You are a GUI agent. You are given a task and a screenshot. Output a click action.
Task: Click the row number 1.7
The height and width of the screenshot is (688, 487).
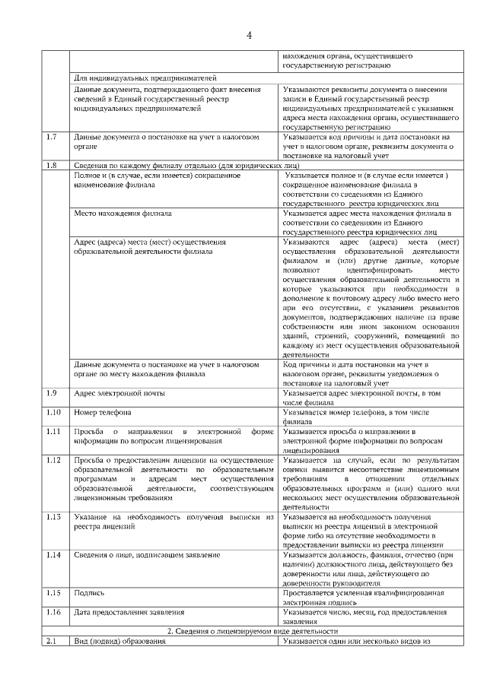(52, 137)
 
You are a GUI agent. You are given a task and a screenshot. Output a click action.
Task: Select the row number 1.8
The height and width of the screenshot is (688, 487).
(52, 166)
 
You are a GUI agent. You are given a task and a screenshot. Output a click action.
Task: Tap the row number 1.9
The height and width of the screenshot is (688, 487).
(52, 393)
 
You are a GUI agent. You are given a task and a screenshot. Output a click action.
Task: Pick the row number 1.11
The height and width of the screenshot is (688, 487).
(53, 432)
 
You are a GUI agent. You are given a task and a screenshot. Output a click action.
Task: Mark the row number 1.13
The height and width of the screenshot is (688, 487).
(53, 517)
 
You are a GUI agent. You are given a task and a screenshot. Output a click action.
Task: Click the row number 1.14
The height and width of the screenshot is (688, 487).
(53, 555)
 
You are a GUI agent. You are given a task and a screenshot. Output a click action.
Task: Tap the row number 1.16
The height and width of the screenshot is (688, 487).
(53, 612)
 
